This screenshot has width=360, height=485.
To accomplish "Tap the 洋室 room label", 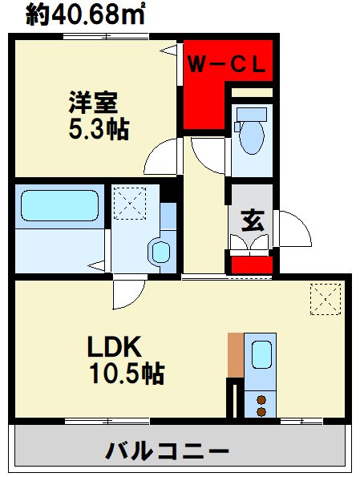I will click(x=93, y=103).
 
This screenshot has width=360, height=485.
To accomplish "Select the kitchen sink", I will click(x=261, y=355).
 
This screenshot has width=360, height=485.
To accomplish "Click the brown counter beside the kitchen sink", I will click(x=235, y=354).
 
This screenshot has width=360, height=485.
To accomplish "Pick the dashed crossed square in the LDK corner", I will click(x=325, y=301).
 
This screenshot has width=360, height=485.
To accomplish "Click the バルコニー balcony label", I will click(x=168, y=451).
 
